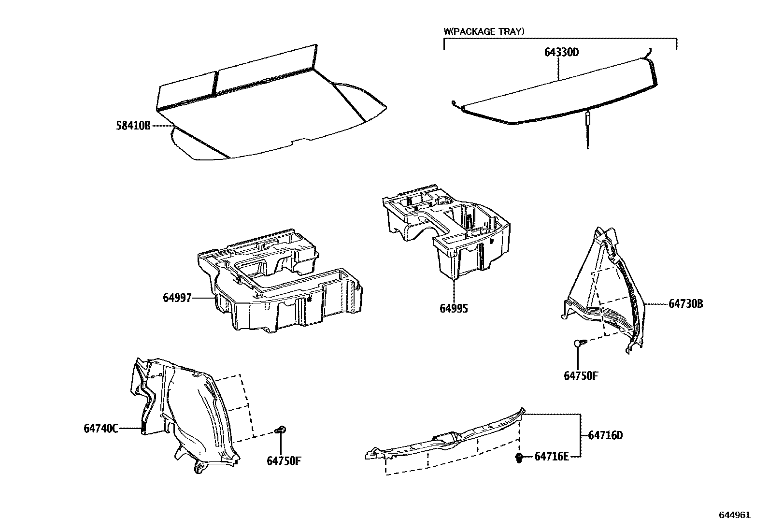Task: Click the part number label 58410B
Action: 133,126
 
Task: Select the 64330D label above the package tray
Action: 561,53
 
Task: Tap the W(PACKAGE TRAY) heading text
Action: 484,31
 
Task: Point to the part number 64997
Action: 177,298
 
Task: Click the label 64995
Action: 454,308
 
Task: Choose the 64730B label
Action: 686,304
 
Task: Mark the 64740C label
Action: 101,428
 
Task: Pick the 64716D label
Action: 605,435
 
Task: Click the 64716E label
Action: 552,457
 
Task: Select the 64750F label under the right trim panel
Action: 581,375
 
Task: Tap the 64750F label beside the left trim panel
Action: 284,460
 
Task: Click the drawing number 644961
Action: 735,515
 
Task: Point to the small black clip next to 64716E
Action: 519,458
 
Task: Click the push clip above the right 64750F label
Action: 579,343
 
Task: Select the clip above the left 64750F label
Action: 281,429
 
